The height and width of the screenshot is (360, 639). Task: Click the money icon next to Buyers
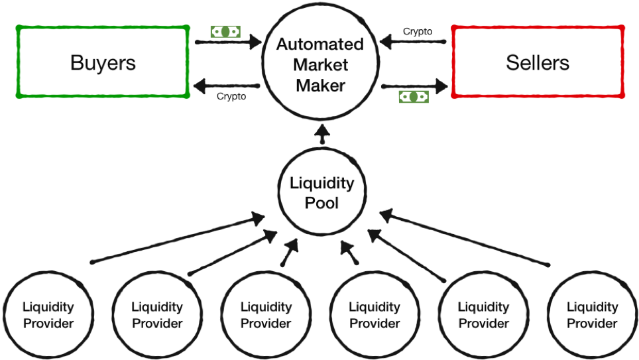(x=225, y=32)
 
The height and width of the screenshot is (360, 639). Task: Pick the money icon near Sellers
(x=414, y=97)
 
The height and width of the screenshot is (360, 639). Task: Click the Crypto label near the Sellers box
(x=418, y=31)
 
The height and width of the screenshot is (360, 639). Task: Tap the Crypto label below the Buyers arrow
(x=231, y=96)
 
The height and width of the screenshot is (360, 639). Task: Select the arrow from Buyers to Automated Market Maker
(x=228, y=42)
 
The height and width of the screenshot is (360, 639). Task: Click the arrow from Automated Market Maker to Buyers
(x=227, y=86)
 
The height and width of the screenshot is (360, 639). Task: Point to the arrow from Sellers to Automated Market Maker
(x=413, y=42)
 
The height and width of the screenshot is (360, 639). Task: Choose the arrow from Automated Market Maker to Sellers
(x=414, y=86)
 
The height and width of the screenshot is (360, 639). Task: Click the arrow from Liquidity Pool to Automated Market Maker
(x=323, y=134)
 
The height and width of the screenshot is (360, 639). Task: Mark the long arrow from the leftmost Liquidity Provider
(x=178, y=238)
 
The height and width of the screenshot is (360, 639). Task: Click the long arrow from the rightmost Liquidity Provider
(x=465, y=238)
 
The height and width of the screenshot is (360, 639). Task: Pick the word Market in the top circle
(x=320, y=65)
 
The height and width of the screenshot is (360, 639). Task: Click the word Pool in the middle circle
(x=321, y=203)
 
